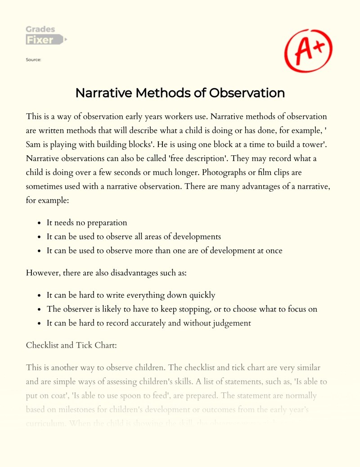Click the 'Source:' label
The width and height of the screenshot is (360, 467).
[x=34, y=59]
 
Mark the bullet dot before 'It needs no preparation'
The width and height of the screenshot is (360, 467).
[x=40, y=223]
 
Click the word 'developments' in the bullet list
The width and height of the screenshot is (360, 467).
[x=197, y=237]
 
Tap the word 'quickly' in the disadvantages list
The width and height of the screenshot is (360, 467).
[x=200, y=295]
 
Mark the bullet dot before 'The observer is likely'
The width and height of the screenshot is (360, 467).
[x=40, y=310]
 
